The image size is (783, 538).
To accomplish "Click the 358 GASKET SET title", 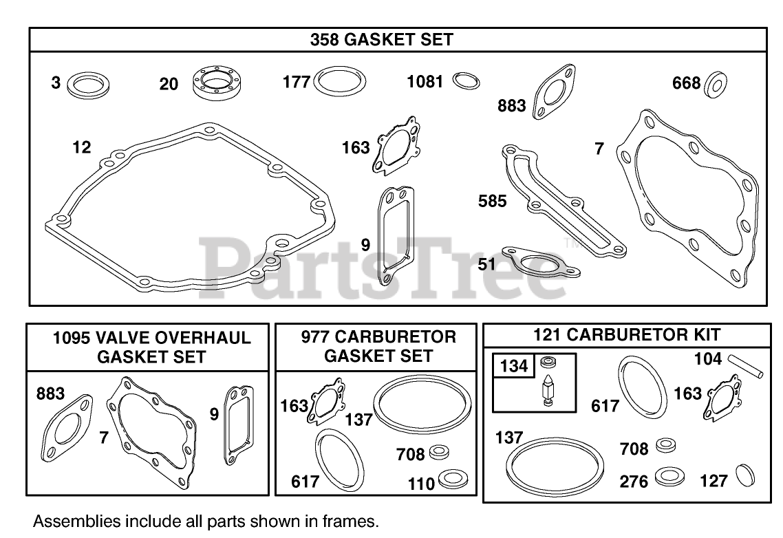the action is point(381,39).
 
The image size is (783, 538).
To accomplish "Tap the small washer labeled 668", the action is point(715,85).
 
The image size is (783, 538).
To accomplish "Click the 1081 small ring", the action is point(466,81).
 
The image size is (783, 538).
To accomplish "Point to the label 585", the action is point(492,201).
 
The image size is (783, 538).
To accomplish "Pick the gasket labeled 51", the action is point(541,261).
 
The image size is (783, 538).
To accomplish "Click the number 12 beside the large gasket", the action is point(82,147).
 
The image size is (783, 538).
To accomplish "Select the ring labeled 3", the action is point(88,85).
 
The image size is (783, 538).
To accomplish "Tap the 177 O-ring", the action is point(340,81).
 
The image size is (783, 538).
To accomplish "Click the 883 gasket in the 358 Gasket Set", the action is point(555,92).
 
